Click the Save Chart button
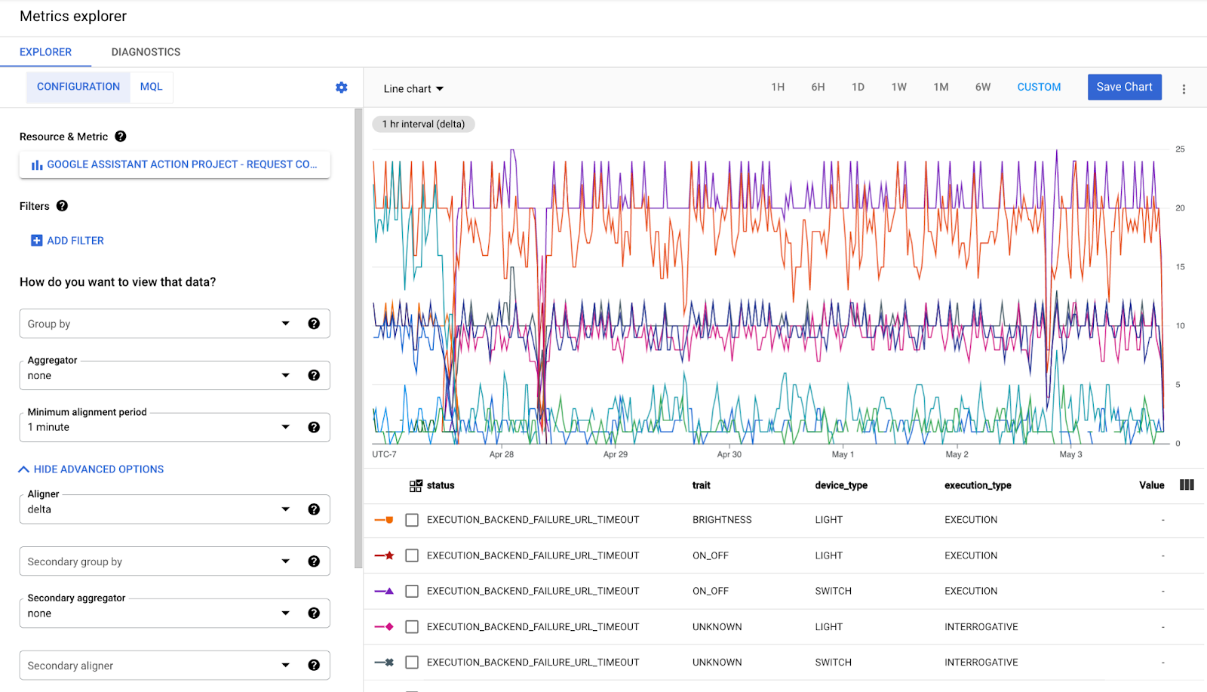[x=1124, y=87]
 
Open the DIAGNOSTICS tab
[x=146, y=52]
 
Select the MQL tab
[x=151, y=87]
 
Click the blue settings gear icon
[x=342, y=88]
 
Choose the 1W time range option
[x=898, y=87]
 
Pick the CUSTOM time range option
[x=1039, y=87]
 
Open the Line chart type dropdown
[x=413, y=89]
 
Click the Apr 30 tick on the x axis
[x=729, y=454]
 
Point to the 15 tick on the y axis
[x=1180, y=267]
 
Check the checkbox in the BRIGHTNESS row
[x=412, y=520]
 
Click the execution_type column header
[x=978, y=485]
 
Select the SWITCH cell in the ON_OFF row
[x=833, y=591]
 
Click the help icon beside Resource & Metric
[x=121, y=137]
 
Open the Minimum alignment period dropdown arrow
[x=286, y=427]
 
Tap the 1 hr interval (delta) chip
[x=423, y=125]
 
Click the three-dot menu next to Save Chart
[x=1184, y=89]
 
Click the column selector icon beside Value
[x=1187, y=485]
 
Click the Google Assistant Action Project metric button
[x=174, y=165]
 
